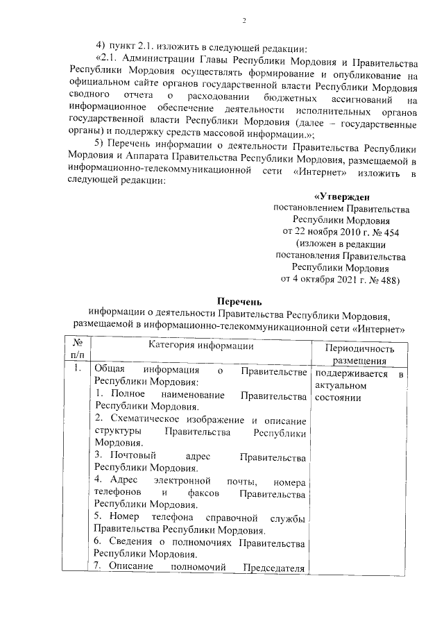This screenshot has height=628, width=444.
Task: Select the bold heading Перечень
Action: [239, 301]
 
